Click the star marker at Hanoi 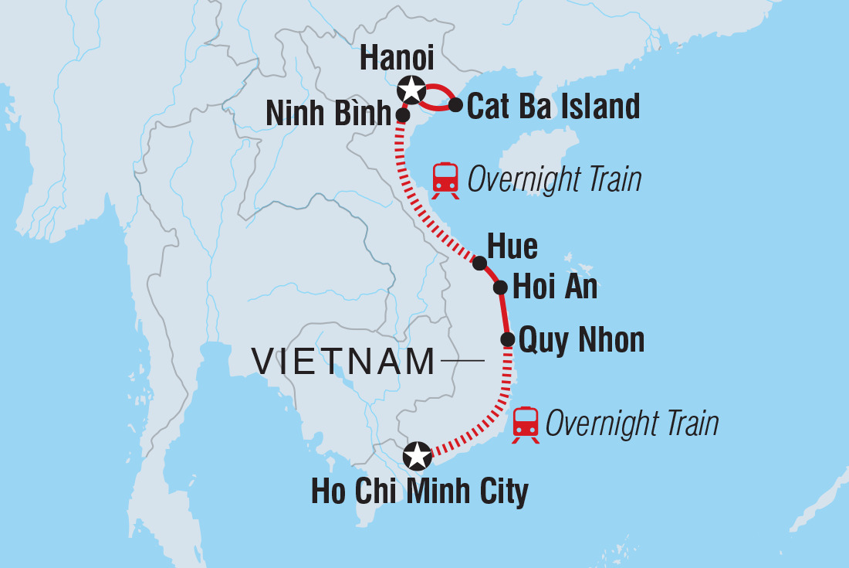[411, 90]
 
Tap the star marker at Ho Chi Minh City [418, 456]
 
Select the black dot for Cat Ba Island [455, 104]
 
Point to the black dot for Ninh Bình [402, 115]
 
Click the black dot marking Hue [479, 264]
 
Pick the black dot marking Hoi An [500, 288]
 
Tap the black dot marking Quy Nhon [508, 339]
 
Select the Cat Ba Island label [553, 107]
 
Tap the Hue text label [512, 247]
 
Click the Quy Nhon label [581, 340]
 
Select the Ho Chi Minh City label [420, 492]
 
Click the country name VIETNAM [344, 362]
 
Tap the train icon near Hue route [445, 181]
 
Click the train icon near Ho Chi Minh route [526, 424]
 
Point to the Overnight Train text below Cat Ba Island [554, 180]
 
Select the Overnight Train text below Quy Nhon [631, 424]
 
